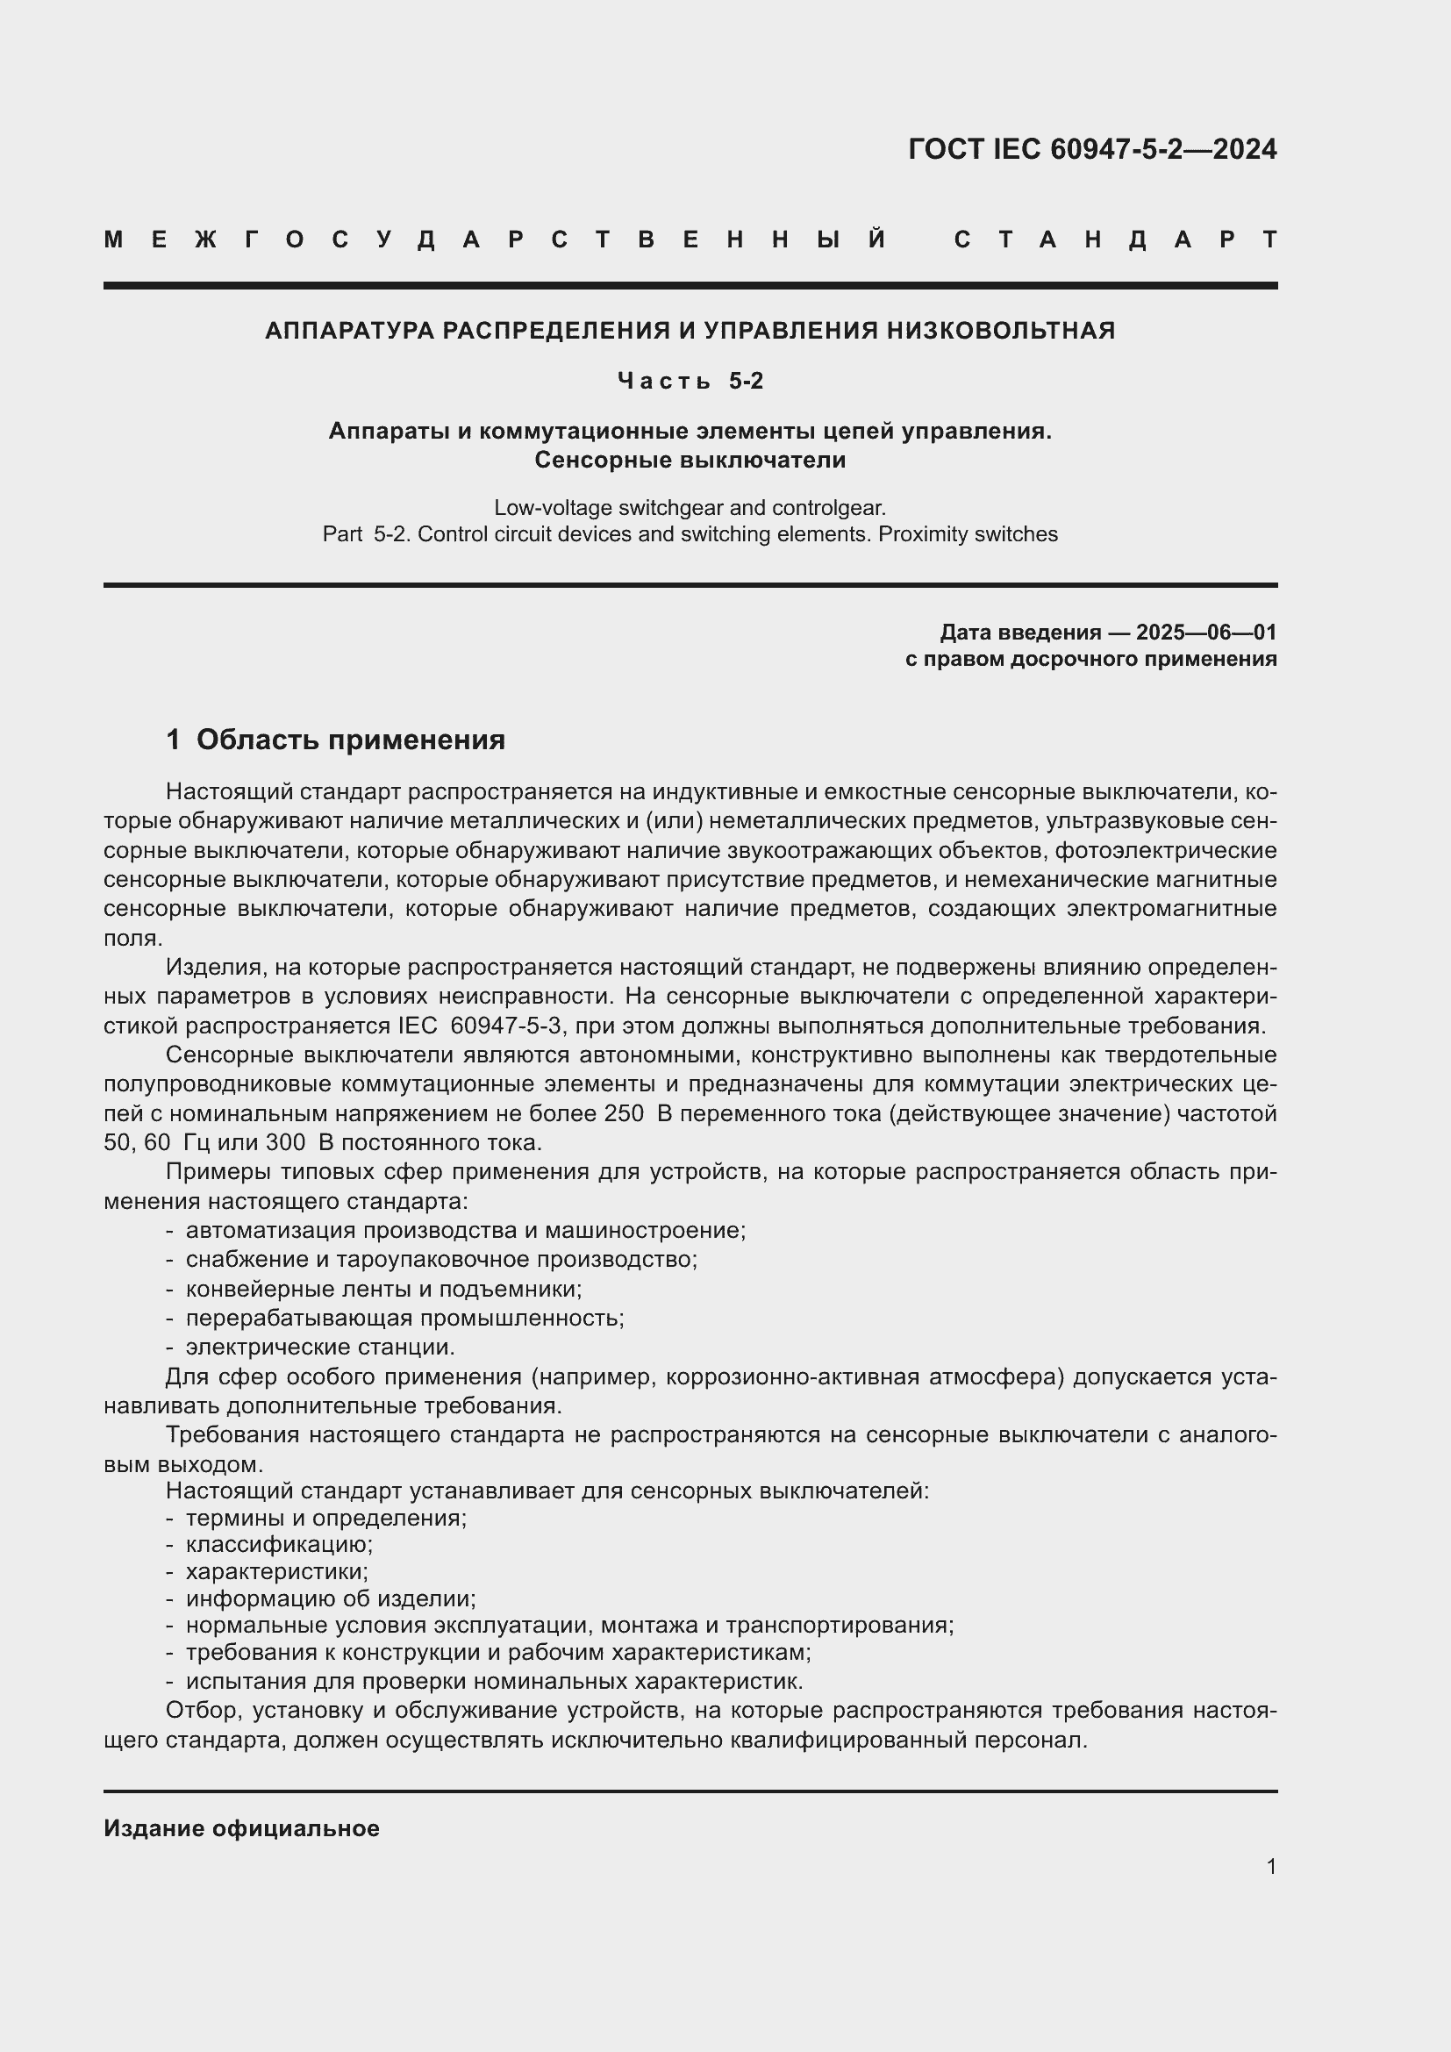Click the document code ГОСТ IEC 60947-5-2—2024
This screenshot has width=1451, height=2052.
click(1092, 148)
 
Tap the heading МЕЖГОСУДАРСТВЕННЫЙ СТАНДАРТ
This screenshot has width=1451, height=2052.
click(690, 240)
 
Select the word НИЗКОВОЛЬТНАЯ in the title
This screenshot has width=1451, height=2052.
click(1001, 331)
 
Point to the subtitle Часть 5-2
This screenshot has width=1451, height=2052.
click(690, 381)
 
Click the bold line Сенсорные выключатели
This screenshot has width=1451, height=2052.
click(690, 461)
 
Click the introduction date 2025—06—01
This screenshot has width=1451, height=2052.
click(1206, 633)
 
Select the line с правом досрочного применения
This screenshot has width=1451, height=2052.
click(1090, 660)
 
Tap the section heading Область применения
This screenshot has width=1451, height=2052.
click(350, 740)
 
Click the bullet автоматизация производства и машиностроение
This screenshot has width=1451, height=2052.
click(465, 1231)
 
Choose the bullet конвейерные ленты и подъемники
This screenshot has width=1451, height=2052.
click(383, 1290)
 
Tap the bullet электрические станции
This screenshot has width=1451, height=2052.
click(320, 1347)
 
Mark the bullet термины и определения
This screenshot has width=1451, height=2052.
click(326, 1519)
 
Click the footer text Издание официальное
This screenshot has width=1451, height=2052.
click(241, 1828)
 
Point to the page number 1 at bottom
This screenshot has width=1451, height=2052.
click(1271, 1866)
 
